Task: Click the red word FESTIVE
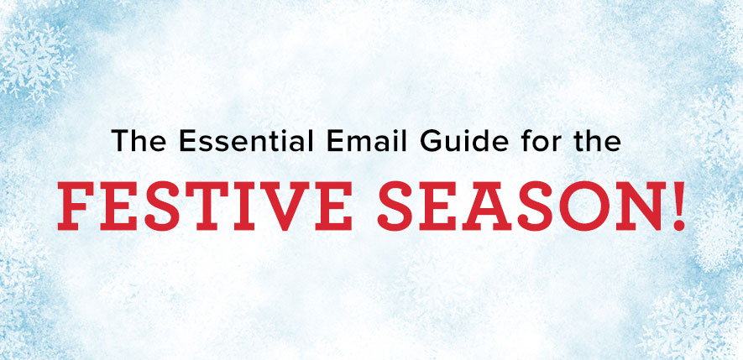(x=205, y=206)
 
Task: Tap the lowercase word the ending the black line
(x=591, y=140)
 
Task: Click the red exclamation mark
(x=678, y=206)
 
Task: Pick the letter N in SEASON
(x=636, y=206)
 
